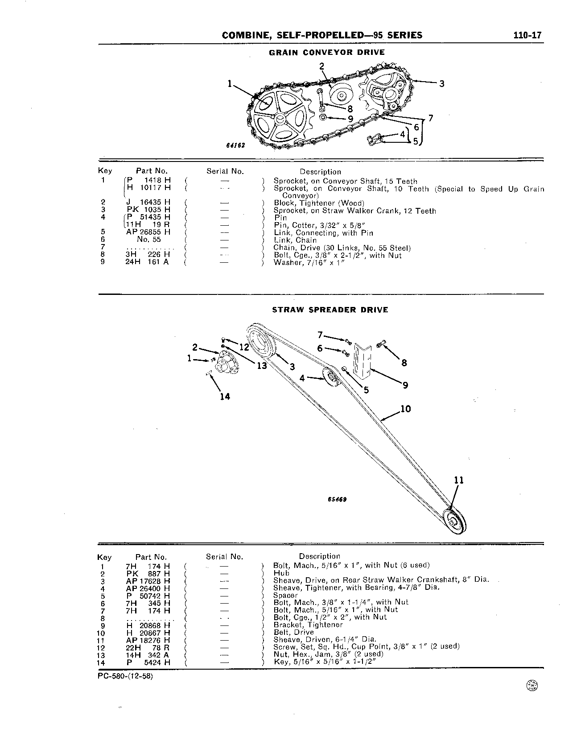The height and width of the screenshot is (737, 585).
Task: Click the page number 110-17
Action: [x=527, y=36]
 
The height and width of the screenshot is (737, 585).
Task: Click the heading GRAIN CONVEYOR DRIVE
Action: [x=327, y=52]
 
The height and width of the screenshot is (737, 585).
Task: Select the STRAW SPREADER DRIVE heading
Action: [x=330, y=310]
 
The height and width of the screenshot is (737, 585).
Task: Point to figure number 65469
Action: [x=338, y=500]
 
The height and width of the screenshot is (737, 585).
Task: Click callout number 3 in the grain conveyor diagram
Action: [x=441, y=83]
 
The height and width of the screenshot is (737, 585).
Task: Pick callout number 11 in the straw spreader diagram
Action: [x=459, y=480]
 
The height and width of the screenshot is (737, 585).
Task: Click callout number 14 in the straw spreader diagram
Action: [x=225, y=396]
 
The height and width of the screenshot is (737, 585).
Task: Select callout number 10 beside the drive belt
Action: [x=406, y=409]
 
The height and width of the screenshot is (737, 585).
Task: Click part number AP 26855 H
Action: [x=148, y=232]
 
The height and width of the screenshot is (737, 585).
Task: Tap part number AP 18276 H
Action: [x=148, y=640]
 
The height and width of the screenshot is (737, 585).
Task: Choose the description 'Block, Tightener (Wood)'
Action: [x=319, y=203]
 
